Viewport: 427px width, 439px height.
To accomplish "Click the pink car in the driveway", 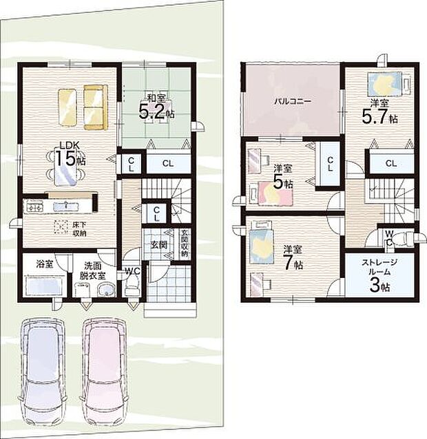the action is click(104, 368).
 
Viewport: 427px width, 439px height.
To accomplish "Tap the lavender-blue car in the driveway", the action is click(43, 368).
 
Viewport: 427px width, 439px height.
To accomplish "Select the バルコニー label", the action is click(292, 101).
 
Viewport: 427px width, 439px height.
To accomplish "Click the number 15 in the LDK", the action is click(65, 158).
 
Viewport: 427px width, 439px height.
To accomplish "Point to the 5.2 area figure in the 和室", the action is click(151, 113).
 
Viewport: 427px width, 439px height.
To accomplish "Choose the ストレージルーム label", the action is click(379, 267).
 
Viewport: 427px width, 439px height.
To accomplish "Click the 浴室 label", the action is click(45, 264).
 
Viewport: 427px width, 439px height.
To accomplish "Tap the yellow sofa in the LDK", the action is click(96, 107).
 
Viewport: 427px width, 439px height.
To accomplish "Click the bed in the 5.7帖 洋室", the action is click(384, 83).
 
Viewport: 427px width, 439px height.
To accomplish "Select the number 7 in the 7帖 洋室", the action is click(288, 263).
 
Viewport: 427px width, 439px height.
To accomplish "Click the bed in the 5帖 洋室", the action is click(275, 193).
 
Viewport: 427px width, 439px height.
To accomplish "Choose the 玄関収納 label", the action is click(184, 244).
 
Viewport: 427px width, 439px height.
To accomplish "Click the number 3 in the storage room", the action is click(375, 286).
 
